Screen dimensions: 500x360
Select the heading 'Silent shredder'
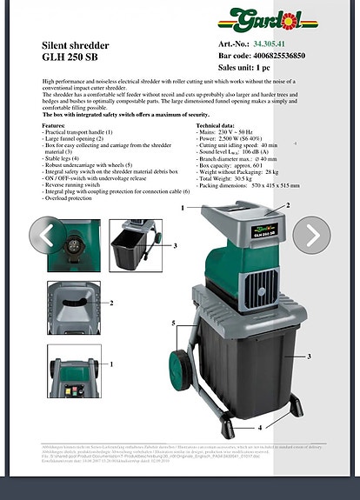(76, 44)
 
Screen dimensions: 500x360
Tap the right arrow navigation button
(311, 235)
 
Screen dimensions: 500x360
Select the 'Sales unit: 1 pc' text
(244, 67)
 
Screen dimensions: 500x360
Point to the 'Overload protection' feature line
(68, 198)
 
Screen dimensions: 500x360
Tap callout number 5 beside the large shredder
(174, 323)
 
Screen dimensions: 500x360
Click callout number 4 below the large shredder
(259, 428)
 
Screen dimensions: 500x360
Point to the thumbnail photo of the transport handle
(73, 373)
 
